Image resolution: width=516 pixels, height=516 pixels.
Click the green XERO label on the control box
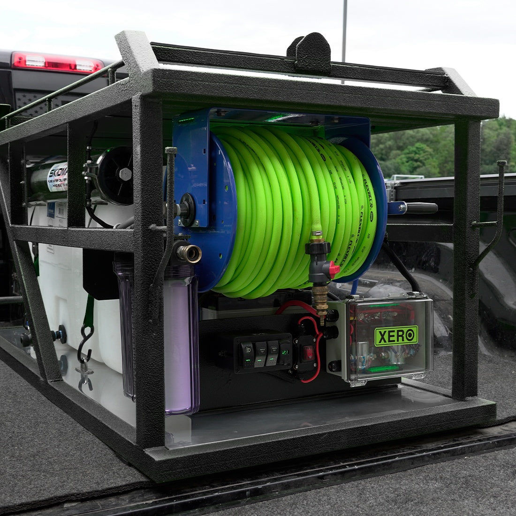tap(396, 336)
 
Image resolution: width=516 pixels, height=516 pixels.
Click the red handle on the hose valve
tap(334, 270)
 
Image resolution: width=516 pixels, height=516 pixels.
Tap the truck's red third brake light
tap(57, 62)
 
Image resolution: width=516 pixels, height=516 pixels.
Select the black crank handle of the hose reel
tap(420, 208)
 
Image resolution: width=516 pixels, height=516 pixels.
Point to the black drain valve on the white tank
tap(59, 334)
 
